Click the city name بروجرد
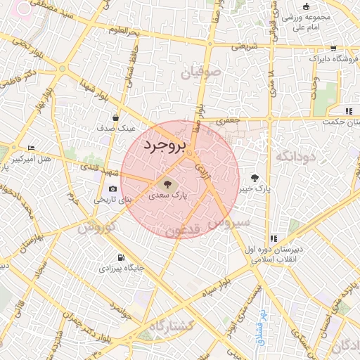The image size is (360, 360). [165, 146]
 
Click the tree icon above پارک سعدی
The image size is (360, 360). [167, 184]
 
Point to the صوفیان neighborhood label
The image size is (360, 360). [200, 72]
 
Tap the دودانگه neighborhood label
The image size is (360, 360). [297, 156]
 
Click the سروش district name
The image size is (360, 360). [230, 224]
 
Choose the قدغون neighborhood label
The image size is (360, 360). [184, 230]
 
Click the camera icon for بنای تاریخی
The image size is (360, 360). [113, 188]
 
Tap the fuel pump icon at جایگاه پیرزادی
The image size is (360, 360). [122, 257]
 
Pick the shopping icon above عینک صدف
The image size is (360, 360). [115, 117]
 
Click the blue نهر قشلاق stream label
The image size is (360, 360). [261, 325]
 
